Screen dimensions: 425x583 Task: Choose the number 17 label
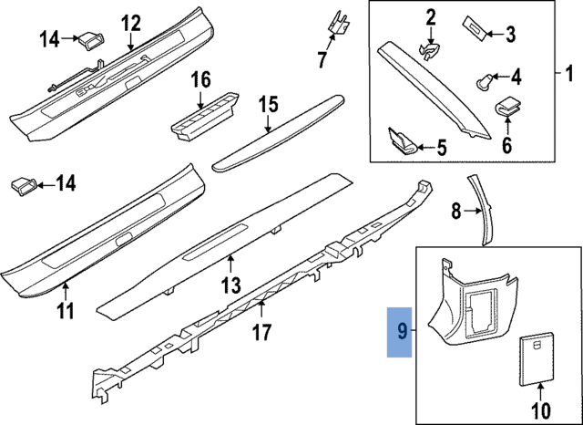[x=261, y=332]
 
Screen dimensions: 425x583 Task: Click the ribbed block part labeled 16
[x=203, y=113]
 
